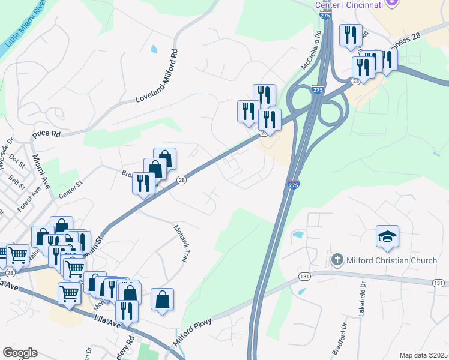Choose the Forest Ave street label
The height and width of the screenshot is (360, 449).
coord(27,199)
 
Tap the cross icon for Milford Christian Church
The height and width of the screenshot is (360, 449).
coord(337,259)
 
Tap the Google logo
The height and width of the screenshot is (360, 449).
coord(20,353)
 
